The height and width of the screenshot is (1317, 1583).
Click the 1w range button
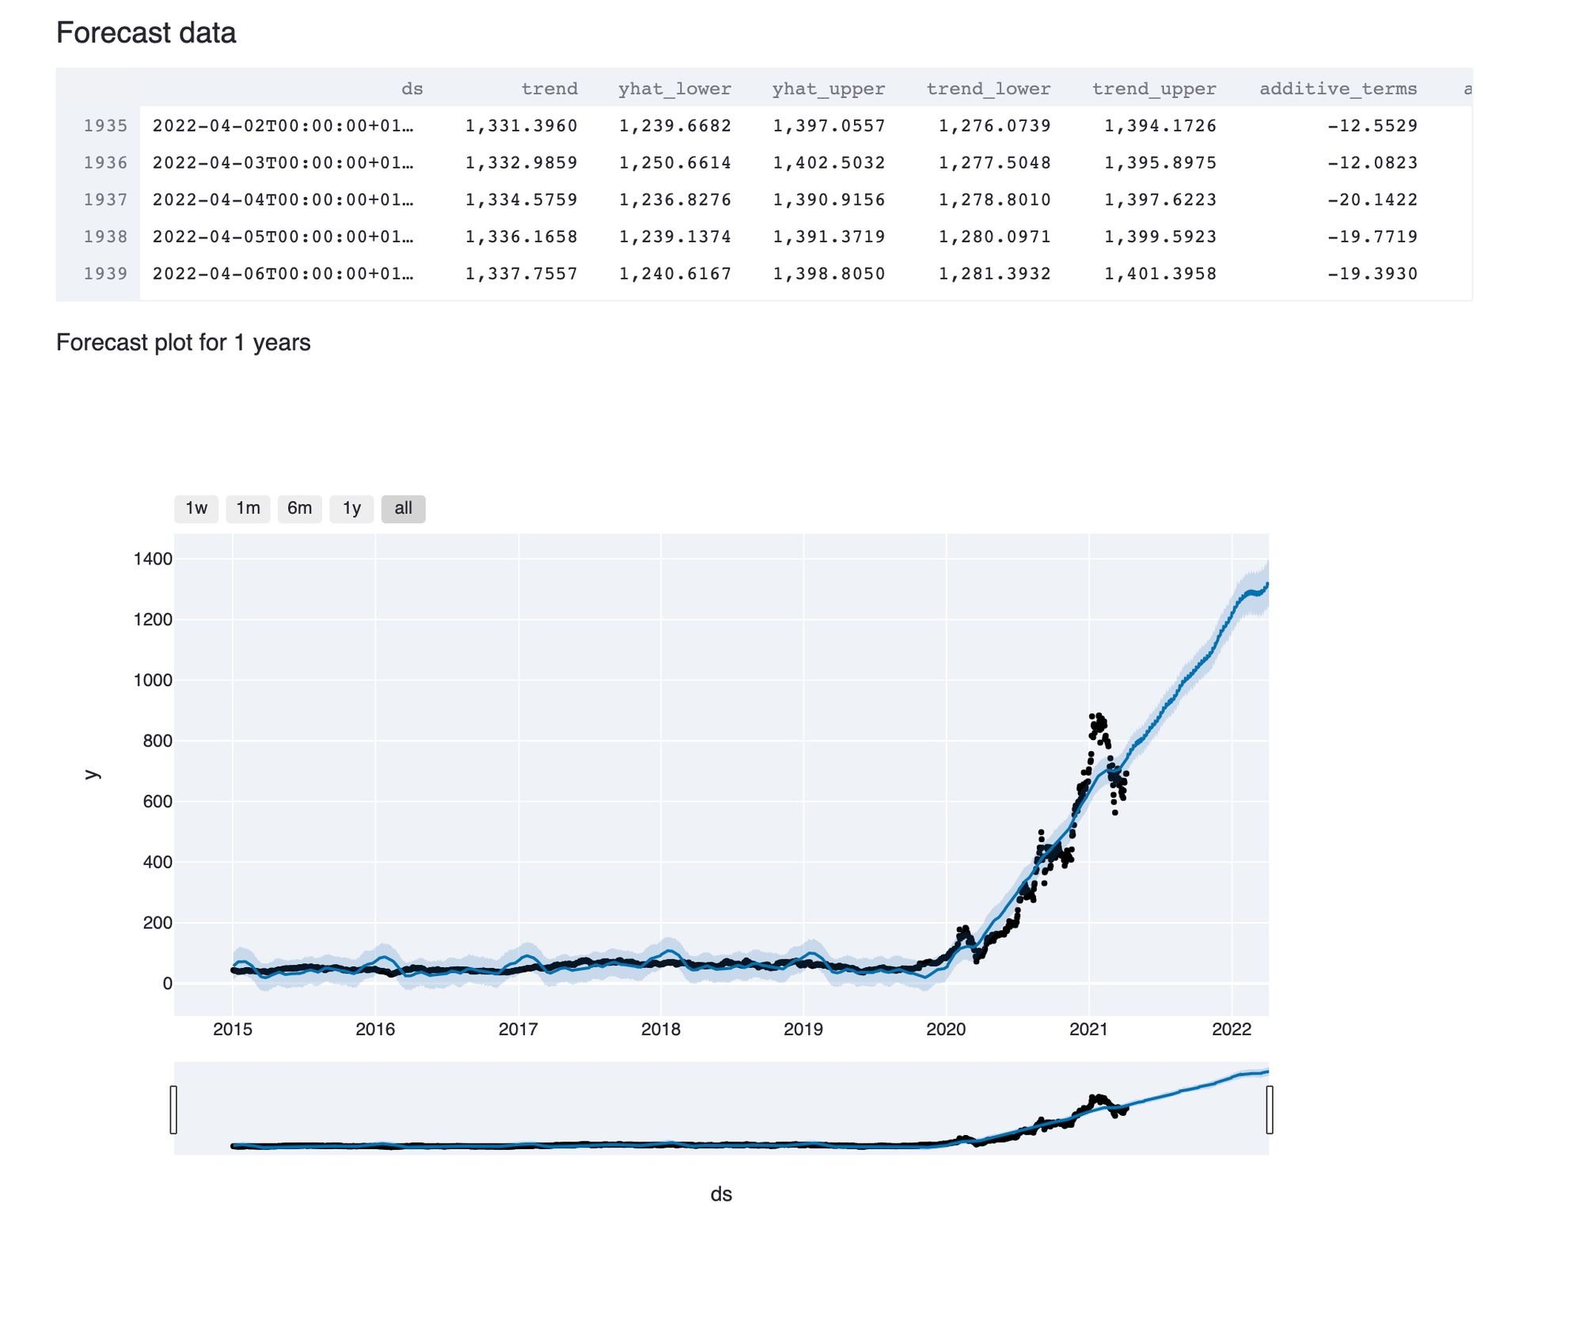tap(196, 508)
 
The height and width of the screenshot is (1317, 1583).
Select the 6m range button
tap(299, 508)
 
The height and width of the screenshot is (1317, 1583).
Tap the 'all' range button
tap(403, 508)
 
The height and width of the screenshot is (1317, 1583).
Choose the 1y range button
tap(351, 508)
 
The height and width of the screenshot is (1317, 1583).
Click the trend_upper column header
tap(1153, 89)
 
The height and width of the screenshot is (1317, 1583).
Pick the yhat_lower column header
tap(674, 89)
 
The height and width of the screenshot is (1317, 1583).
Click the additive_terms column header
tap(1338, 89)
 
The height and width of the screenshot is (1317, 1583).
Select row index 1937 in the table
tap(105, 199)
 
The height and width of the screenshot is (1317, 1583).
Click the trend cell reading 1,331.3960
tap(521, 126)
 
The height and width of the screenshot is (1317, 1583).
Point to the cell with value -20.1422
tap(1372, 199)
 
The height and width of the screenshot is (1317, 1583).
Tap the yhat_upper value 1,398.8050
tap(829, 274)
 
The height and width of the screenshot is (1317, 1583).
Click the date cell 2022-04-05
tap(283, 237)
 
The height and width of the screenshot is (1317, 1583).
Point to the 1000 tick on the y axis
tap(153, 680)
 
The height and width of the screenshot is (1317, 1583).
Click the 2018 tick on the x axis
tap(660, 1029)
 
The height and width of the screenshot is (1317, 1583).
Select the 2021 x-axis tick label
tap(1088, 1029)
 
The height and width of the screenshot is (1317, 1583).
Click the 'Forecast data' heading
tap(146, 33)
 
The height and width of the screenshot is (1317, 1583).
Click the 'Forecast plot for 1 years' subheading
tap(183, 343)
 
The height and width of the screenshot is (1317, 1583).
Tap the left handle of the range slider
tap(173, 1110)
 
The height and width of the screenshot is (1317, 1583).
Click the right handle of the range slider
tap(1270, 1110)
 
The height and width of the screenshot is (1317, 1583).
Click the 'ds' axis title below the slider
tap(721, 1194)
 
